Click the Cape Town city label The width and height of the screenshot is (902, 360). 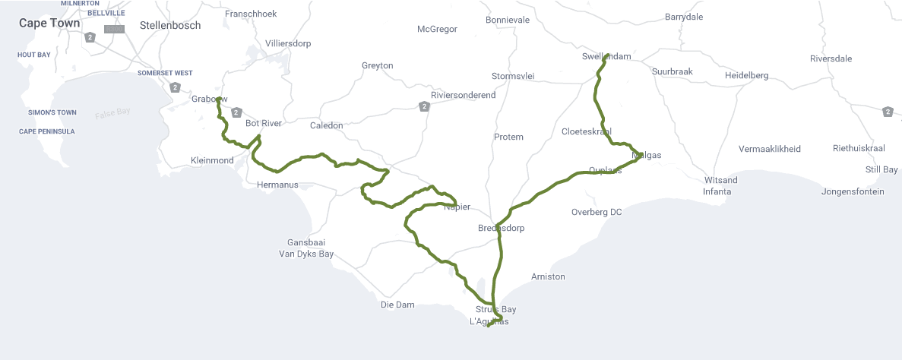(49, 23)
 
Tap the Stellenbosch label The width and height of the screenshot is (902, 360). (170, 25)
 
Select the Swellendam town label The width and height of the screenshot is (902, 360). (606, 56)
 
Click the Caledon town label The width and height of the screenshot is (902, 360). (327, 125)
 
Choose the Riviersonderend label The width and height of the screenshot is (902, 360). (463, 95)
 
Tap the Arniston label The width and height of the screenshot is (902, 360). (548, 276)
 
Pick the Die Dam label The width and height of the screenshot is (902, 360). (397, 305)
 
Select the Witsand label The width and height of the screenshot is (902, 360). (721, 180)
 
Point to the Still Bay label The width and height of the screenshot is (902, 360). (881, 169)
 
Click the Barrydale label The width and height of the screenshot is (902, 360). (684, 17)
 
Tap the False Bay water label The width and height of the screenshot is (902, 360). (112, 113)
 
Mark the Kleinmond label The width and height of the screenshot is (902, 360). (212, 160)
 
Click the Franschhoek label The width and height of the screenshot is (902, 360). (251, 14)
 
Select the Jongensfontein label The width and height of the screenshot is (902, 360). (853, 191)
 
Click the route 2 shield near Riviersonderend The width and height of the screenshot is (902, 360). (423, 106)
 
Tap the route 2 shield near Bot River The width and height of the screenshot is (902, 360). (236, 112)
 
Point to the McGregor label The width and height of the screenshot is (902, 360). (437, 29)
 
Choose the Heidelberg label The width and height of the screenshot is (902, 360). (746, 75)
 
